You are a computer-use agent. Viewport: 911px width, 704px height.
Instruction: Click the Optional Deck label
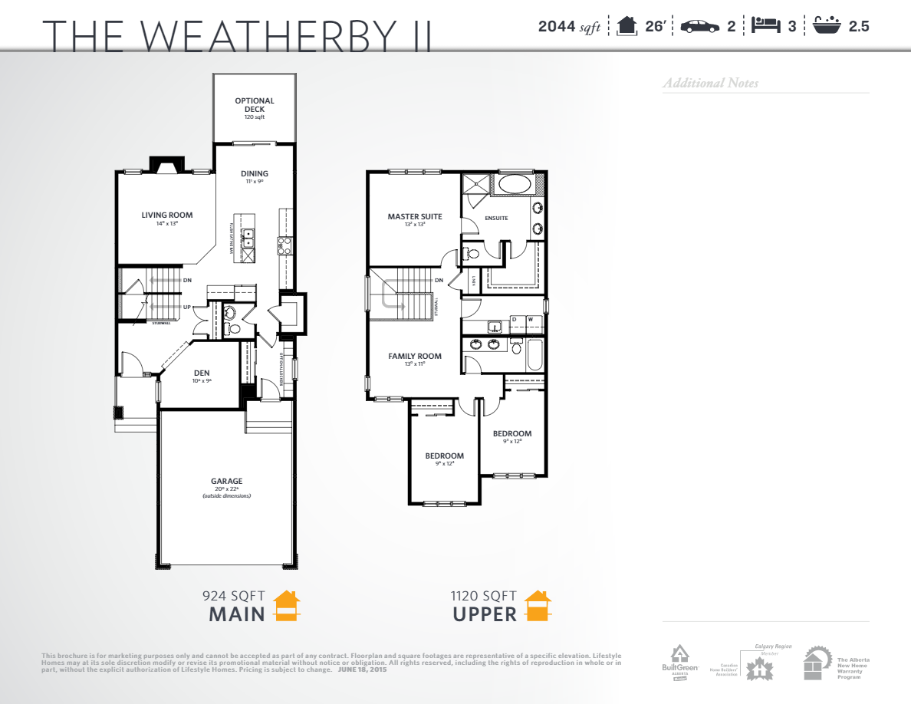click(255, 105)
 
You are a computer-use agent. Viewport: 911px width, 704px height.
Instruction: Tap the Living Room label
click(167, 215)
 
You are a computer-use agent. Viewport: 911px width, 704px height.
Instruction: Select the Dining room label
click(255, 174)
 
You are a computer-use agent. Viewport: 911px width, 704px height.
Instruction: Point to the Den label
click(202, 373)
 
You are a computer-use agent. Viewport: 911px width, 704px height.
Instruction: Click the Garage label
click(226, 482)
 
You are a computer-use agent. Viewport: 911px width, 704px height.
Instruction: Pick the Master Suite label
click(415, 217)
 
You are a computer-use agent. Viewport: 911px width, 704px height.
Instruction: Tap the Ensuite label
click(496, 219)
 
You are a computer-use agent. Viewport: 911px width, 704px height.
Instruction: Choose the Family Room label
click(415, 356)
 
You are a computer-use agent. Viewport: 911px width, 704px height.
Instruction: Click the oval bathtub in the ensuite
click(515, 184)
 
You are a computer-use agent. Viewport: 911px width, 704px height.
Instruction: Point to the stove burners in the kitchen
click(284, 245)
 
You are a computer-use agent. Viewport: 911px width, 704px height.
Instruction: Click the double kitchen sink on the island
click(249, 238)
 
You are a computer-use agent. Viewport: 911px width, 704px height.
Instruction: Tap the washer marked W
click(530, 318)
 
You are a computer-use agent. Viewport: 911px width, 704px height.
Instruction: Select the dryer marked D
click(514, 318)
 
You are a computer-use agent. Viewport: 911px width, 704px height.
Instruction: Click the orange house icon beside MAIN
click(288, 605)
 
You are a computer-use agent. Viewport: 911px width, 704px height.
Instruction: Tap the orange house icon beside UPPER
click(538, 605)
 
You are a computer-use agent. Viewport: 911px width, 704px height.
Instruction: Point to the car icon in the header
click(699, 26)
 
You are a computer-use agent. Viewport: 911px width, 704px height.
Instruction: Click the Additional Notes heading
click(711, 83)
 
